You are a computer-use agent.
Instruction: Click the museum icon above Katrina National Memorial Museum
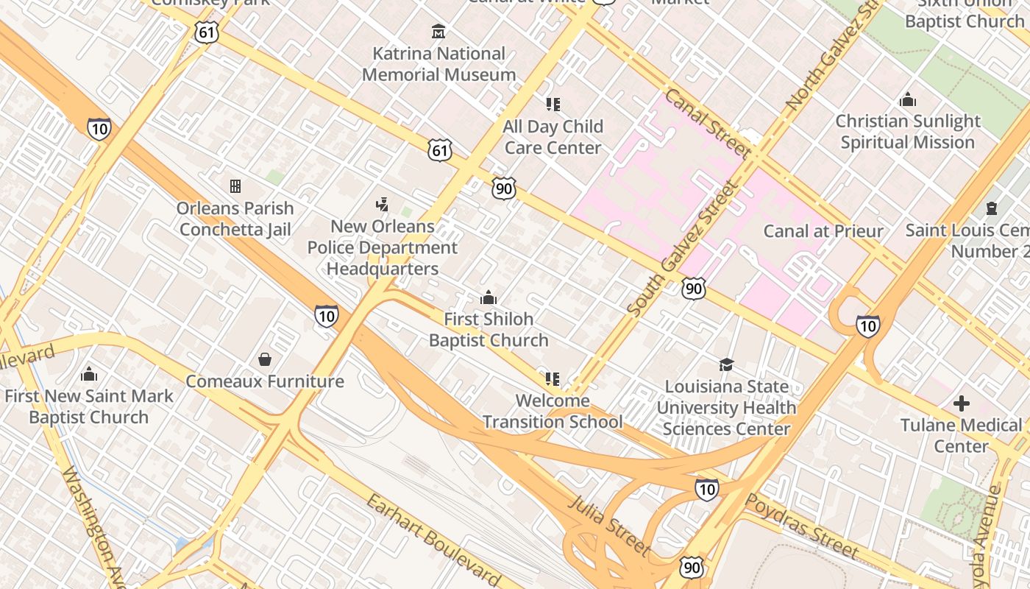coord(438,32)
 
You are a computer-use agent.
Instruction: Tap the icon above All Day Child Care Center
coord(553,105)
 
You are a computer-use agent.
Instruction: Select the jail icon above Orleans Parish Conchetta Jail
coord(235,186)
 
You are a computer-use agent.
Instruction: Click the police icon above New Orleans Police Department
coord(382,204)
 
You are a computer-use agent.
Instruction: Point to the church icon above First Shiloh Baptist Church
coord(488,298)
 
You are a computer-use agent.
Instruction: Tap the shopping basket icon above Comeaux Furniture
coord(264,359)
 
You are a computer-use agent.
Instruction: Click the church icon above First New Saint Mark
coord(89,374)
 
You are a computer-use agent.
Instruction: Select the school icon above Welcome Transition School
coord(552,379)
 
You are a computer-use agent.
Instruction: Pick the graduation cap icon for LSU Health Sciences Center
coord(726,364)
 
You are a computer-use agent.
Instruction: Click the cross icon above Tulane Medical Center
coord(961,403)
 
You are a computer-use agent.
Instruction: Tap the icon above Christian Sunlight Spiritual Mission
coord(908,99)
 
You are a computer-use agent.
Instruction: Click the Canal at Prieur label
coord(823,231)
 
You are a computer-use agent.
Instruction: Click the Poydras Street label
coord(802,526)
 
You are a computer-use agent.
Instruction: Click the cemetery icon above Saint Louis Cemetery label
coord(991,208)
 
